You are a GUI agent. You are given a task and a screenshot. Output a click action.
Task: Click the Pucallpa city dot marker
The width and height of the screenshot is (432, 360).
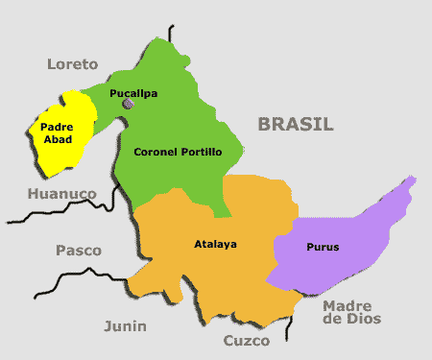[128, 105]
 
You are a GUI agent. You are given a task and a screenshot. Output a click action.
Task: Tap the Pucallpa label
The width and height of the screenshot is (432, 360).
[133, 93]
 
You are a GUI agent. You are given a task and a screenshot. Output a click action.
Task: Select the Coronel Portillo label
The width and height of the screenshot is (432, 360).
[178, 152]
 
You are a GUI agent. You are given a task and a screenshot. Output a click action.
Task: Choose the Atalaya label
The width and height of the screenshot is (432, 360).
[215, 243]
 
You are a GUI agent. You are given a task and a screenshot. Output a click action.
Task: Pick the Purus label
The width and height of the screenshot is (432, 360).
[323, 247]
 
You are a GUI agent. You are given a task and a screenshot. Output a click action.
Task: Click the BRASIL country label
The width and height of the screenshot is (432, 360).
[295, 124]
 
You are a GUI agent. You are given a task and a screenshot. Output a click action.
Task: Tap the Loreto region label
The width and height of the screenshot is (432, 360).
[73, 64]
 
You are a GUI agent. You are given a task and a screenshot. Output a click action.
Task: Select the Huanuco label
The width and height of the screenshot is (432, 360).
[61, 193]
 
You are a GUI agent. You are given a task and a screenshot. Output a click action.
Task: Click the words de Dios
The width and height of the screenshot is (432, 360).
[352, 320]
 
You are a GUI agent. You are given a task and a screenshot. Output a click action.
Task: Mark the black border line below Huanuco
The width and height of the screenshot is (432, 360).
[58, 213]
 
